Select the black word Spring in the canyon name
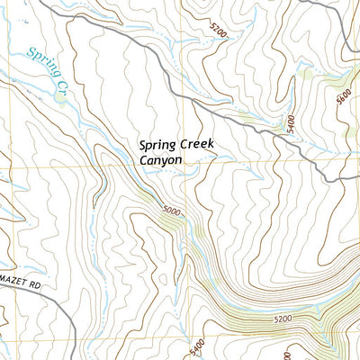(x=157, y=144)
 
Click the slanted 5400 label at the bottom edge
(x=198, y=346)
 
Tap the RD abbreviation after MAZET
(x=36, y=283)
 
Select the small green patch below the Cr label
(x=60, y=98)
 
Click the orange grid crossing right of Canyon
(x=190, y=168)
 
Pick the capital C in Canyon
(x=143, y=160)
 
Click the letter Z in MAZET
(x=13, y=283)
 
